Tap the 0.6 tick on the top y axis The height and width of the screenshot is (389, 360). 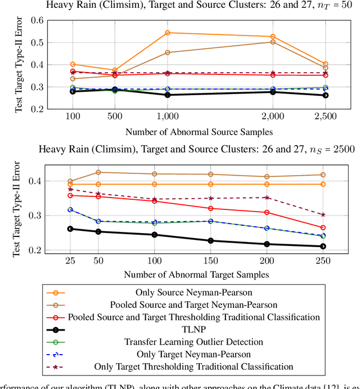pyautogui.click(x=37, y=21)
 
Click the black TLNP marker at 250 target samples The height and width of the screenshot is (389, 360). pyautogui.click(x=323, y=246)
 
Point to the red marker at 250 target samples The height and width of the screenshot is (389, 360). pyautogui.click(x=323, y=227)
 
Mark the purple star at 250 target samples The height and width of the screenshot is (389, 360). pyautogui.click(x=323, y=215)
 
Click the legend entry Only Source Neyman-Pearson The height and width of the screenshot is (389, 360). pyautogui.click(x=186, y=292)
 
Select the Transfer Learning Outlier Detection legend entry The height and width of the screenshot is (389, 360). pyautogui.click(x=186, y=341)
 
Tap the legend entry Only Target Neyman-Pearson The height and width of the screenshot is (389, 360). pyautogui.click(x=186, y=354)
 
